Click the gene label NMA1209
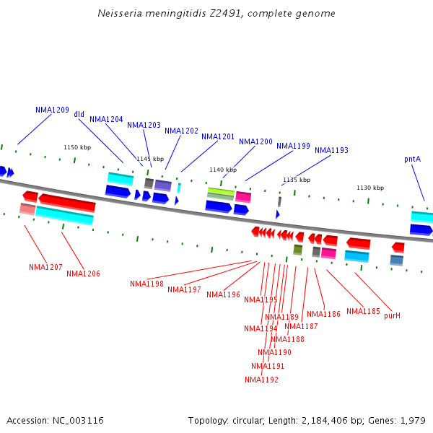coord(52,110)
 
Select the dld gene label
coord(79,115)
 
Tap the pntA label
coord(413,159)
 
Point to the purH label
coord(392,316)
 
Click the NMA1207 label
coord(45,268)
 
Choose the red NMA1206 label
coord(83,274)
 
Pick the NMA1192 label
coord(261,380)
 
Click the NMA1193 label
coord(331,151)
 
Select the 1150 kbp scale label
coord(77,147)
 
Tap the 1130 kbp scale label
coord(370,188)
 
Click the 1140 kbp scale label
coord(223,170)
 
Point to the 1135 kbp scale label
coord(297,180)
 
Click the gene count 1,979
coord(413,420)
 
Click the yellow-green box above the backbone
coord(221,192)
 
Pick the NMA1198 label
coord(146,284)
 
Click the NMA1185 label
coord(363,312)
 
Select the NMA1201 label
coord(218,137)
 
